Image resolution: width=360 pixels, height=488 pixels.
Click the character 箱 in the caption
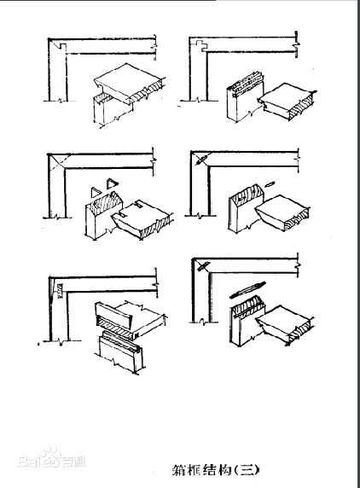(x=180, y=470)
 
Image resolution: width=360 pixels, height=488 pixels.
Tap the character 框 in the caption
(x=195, y=470)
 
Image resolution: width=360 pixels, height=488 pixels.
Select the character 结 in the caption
(x=210, y=470)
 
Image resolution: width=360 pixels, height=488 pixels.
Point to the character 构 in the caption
(x=224, y=470)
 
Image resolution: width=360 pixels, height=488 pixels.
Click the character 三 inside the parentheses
(x=247, y=470)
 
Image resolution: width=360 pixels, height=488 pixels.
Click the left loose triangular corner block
(x=95, y=192)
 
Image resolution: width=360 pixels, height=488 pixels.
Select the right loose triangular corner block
(x=111, y=183)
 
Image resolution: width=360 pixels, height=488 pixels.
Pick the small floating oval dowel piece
(x=269, y=183)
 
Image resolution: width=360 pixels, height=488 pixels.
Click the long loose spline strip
(x=247, y=290)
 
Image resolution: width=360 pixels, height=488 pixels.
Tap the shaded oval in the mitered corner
(x=200, y=160)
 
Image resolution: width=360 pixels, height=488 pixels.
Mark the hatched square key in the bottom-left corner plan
(x=60, y=290)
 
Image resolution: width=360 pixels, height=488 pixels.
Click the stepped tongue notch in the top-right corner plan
(x=201, y=46)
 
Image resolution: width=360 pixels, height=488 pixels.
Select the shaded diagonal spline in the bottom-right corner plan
(x=203, y=266)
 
